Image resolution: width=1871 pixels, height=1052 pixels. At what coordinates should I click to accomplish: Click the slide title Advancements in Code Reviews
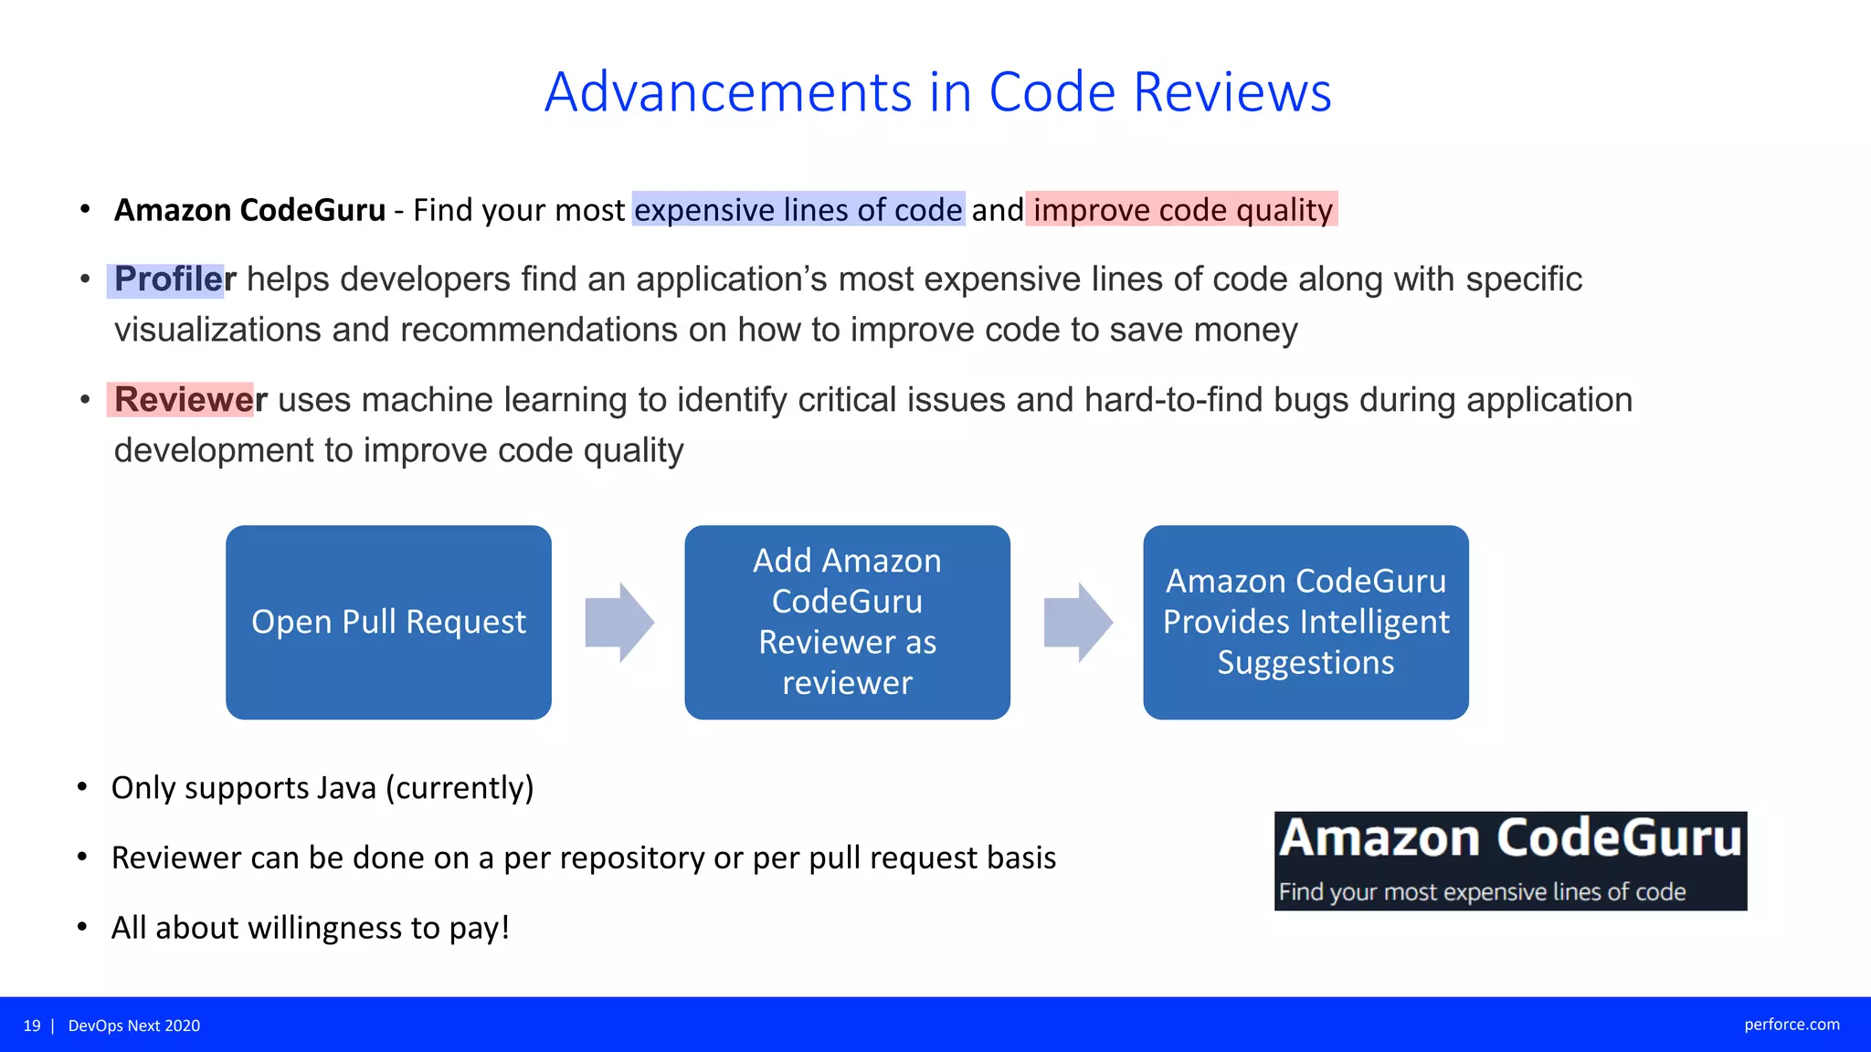(x=937, y=92)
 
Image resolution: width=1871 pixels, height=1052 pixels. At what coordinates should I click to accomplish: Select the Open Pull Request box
(x=388, y=622)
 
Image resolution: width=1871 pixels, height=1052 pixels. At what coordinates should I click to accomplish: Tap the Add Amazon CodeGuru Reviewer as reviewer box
(x=847, y=622)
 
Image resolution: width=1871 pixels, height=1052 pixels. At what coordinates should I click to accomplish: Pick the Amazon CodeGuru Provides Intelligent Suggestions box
(x=1305, y=622)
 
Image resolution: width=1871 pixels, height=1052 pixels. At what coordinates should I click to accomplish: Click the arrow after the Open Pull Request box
(x=619, y=622)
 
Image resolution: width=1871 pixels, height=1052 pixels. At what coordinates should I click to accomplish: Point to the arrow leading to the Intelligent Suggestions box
(x=1078, y=622)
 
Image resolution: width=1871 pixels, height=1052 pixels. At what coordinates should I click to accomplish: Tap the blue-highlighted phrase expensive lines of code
(x=798, y=210)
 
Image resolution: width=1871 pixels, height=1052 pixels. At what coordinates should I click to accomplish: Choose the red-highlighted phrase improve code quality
(x=1182, y=210)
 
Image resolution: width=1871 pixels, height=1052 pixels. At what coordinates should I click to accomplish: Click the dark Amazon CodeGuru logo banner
(x=1510, y=860)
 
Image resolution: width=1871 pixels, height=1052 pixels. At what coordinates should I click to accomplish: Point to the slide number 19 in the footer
(x=32, y=1026)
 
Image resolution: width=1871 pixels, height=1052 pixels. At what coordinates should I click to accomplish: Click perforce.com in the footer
(x=1792, y=1025)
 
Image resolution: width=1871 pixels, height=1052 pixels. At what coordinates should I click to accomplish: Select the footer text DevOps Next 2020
(x=134, y=1026)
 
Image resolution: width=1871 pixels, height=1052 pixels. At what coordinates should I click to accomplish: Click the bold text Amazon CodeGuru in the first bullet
(x=249, y=210)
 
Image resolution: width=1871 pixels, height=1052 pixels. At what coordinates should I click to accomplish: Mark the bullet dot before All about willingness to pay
(x=82, y=928)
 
